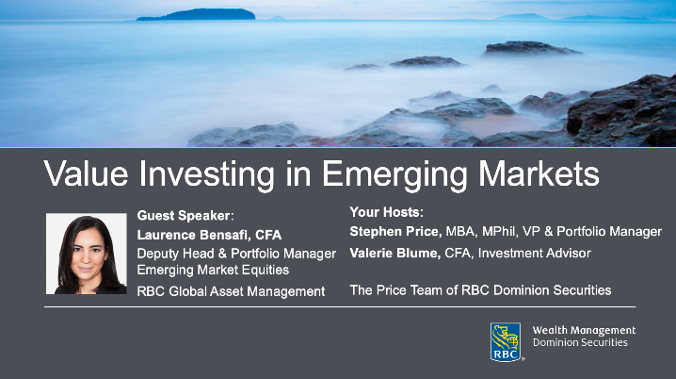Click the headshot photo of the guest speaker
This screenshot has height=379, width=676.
(86, 254)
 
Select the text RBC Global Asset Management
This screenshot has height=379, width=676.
(231, 291)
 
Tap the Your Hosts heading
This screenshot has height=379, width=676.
(387, 212)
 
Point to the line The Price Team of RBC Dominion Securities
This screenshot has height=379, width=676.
(480, 290)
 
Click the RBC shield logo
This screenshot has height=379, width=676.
(506, 342)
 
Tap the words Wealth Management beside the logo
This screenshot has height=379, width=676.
(584, 331)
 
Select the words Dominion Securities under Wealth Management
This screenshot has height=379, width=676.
(580, 342)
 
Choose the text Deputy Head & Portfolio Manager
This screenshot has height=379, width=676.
(236, 254)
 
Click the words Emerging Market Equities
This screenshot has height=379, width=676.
(213, 271)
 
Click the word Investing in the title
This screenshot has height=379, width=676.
(216, 175)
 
